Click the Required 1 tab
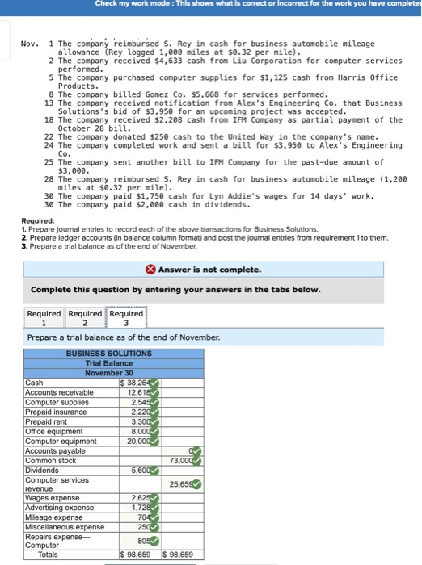44,318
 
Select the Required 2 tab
85,318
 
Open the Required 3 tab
125,318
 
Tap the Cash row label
36,383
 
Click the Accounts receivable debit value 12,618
139,392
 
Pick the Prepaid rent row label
50,421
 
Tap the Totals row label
48,555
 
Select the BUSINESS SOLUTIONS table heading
108,354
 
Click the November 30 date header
108,373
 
